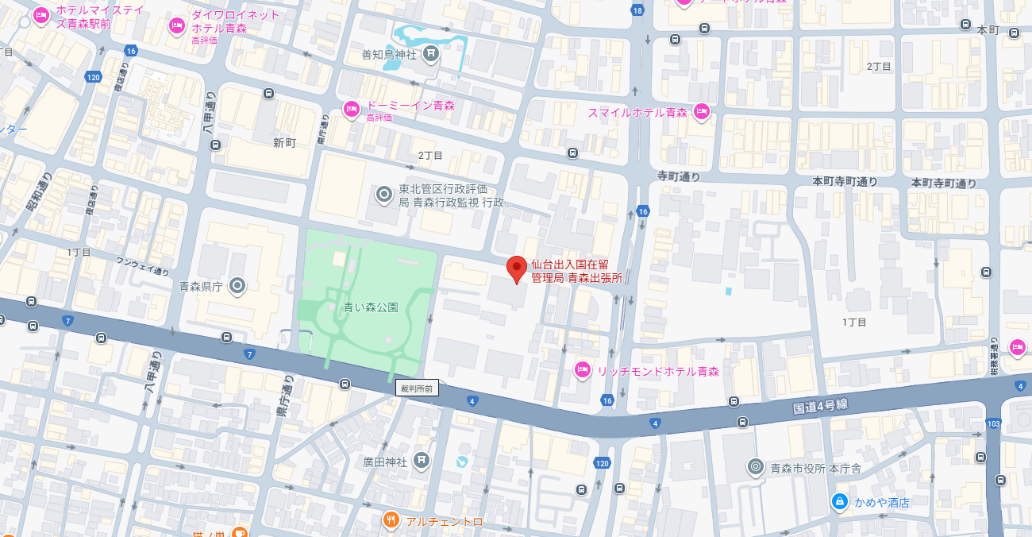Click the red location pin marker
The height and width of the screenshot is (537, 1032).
tap(517, 268)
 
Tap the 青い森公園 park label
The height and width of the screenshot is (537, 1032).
tap(371, 307)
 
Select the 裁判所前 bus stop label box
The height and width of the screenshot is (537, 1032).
tap(417, 388)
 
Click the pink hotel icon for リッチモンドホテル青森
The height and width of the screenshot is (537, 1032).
tap(582, 369)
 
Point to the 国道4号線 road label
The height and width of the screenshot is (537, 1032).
tap(820, 406)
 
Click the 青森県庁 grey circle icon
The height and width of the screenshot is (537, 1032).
tap(237, 285)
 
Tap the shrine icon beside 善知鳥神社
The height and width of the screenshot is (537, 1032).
tap(430, 54)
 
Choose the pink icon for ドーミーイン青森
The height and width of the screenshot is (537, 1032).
tap(351, 109)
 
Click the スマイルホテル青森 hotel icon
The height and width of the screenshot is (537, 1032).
tap(701, 111)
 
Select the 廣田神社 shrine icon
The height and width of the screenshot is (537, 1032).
tap(421, 459)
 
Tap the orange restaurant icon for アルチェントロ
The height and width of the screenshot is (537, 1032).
tap(391, 520)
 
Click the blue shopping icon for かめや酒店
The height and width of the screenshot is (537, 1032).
tap(839, 501)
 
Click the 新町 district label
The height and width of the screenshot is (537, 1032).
tap(284, 143)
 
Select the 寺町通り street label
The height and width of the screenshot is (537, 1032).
tap(678, 177)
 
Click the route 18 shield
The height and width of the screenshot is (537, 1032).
tap(637, 10)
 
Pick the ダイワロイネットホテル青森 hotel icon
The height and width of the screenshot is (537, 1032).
tap(177, 25)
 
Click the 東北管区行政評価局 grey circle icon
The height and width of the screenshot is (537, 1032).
tap(384, 194)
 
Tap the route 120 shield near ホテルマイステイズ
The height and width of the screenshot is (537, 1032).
tap(94, 77)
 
